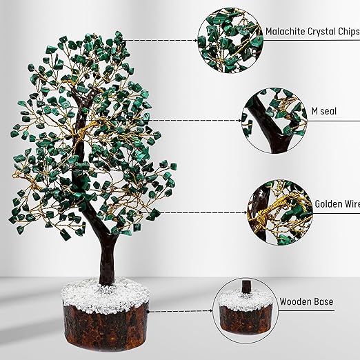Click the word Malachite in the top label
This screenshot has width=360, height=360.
[x=287, y=32]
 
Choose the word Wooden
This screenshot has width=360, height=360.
[x=297, y=301]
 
